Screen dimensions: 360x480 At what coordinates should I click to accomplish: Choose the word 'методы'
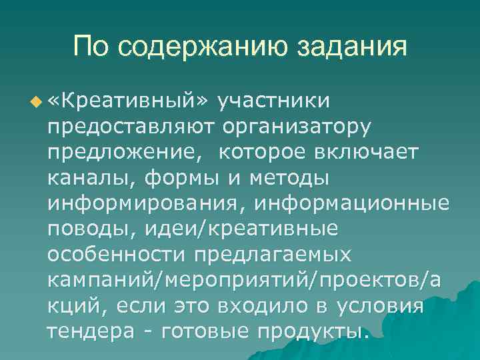point(288,177)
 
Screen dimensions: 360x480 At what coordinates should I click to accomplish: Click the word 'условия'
point(380,306)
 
